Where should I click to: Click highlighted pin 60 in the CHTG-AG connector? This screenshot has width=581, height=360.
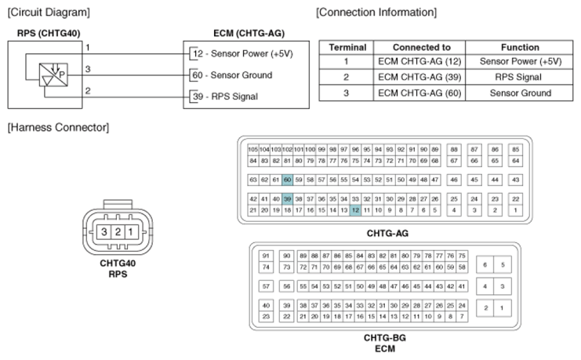[287, 180]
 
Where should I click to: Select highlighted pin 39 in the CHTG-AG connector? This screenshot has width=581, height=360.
[287, 198]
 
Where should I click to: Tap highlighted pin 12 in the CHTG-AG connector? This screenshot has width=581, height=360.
[355, 210]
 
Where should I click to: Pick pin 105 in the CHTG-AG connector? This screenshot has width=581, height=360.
[253, 150]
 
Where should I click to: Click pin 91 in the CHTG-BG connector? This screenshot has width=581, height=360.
[266, 256]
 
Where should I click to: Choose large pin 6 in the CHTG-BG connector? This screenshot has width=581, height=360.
[485, 265]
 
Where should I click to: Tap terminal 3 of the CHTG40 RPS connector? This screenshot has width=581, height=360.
[103, 232]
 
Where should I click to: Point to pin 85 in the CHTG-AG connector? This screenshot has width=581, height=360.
[515, 150]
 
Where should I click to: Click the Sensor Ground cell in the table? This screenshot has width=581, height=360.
[520, 93]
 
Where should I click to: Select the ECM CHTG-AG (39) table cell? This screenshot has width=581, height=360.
[419, 77]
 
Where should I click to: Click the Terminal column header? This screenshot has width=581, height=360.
[347, 48]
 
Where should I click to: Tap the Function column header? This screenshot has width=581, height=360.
[520, 48]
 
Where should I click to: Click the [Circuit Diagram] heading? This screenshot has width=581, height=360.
[49, 13]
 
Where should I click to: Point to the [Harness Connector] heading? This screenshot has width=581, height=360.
[58, 127]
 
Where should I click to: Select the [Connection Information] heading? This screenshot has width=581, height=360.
[376, 13]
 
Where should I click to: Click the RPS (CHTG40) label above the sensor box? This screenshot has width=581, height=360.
[49, 34]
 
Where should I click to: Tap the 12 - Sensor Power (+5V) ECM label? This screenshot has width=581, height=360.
[243, 54]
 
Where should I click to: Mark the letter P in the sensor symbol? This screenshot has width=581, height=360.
[62, 75]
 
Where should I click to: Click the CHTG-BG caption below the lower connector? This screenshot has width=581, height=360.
[385, 338]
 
